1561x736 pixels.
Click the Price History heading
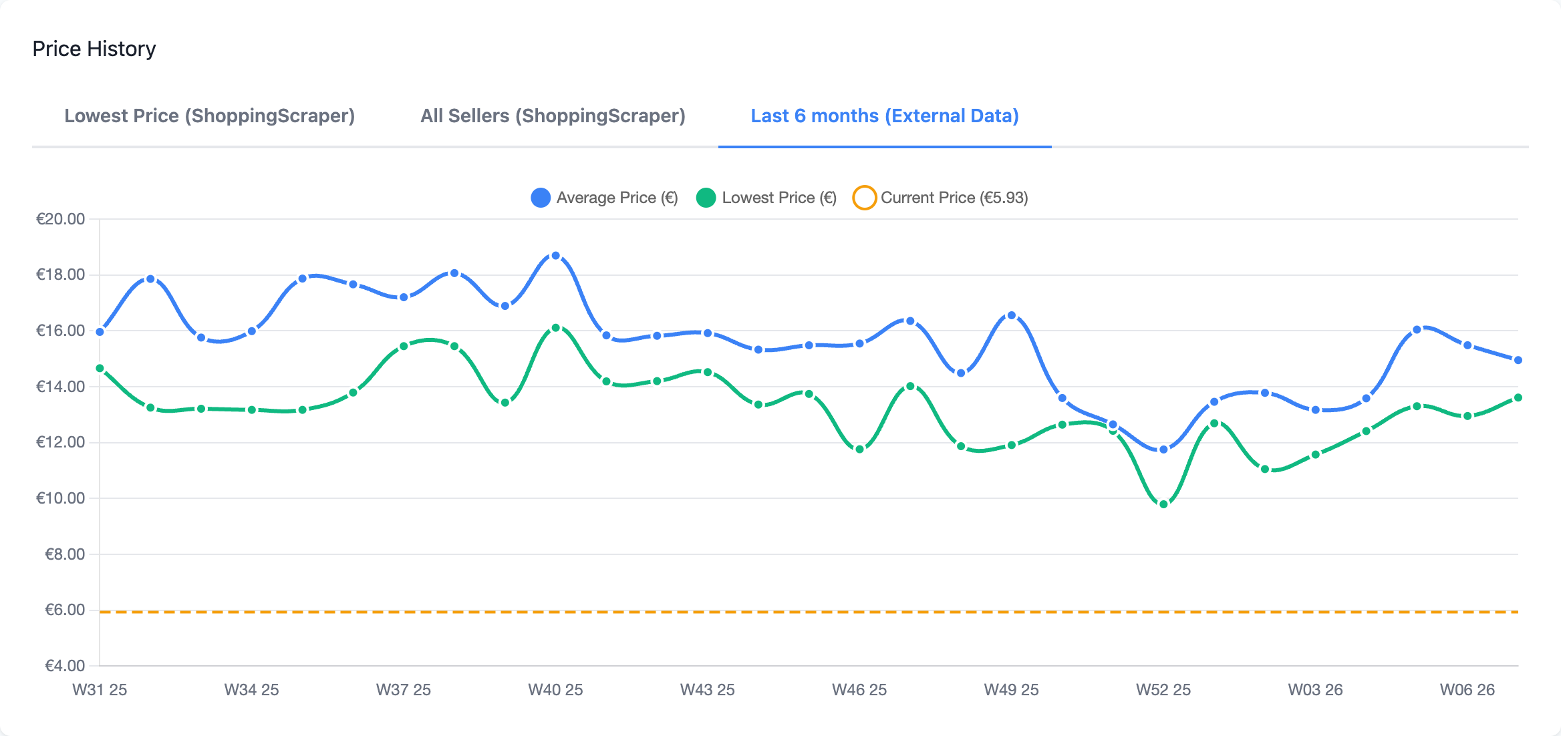point(94,49)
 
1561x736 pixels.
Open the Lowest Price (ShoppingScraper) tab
point(209,116)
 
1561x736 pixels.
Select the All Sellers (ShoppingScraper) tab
point(553,116)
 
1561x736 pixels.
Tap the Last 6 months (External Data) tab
point(884,116)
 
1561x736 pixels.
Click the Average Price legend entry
point(604,198)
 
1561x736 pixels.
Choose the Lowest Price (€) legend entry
point(766,198)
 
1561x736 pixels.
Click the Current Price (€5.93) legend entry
point(941,198)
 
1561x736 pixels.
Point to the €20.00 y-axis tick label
point(60,219)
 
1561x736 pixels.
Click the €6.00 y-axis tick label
point(64,610)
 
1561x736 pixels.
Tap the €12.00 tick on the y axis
point(60,442)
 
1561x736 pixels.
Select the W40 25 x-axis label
point(555,690)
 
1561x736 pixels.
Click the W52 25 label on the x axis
point(1163,690)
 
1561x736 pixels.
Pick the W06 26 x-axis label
point(1467,690)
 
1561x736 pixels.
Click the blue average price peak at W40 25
point(555,256)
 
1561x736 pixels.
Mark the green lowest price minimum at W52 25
point(1163,504)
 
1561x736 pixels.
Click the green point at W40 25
point(555,328)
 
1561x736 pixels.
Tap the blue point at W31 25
point(100,332)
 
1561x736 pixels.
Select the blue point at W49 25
point(1011,315)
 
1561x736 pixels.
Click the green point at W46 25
point(859,449)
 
